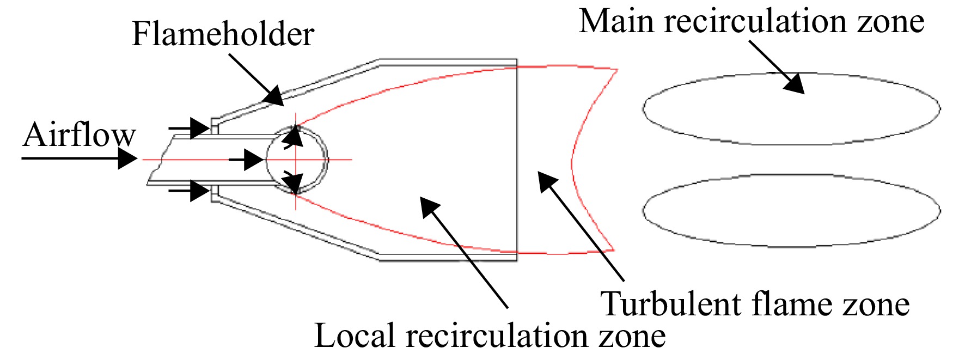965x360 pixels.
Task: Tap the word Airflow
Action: (x=79, y=135)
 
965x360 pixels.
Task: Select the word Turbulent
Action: (x=671, y=303)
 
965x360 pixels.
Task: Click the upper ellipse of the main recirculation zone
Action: (x=792, y=73)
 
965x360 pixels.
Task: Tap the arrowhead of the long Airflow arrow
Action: (x=129, y=159)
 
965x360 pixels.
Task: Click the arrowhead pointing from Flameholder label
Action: (x=274, y=96)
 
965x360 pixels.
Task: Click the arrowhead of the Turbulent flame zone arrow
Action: (x=547, y=181)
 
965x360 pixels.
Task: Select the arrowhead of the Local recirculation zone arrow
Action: (x=430, y=207)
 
